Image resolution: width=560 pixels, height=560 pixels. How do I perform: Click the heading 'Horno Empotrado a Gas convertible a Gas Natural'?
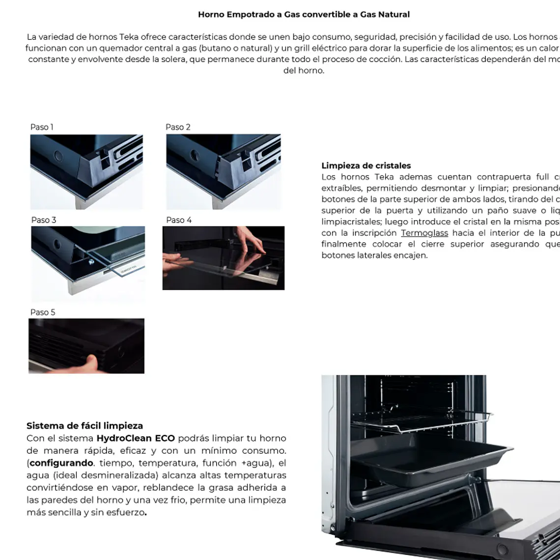(x=304, y=14)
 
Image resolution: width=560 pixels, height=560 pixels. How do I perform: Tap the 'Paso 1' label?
(x=42, y=127)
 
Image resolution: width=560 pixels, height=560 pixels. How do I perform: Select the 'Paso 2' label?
(x=178, y=127)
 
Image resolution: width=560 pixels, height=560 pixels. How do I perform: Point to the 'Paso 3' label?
(x=44, y=220)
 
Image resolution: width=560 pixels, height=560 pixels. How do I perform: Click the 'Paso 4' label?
(x=179, y=220)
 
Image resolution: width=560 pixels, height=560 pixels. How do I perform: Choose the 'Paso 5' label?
(x=43, y=312)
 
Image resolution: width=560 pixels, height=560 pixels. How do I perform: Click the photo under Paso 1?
(x=86, y=172)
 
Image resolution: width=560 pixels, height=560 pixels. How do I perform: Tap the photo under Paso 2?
(x=223, y=172)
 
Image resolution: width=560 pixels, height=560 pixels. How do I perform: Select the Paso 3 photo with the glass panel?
(x=88, y=263)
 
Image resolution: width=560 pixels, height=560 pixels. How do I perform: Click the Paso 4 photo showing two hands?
(x=223, y=258)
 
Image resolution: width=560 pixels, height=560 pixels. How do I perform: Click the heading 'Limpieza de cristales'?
(x=366, y=166)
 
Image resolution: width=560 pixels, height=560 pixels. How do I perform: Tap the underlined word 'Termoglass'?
(x=424, y=233)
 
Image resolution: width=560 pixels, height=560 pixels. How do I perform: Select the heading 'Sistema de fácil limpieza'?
(x=84, y=426)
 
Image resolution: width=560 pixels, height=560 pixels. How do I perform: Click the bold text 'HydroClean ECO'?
(x=136, y=438)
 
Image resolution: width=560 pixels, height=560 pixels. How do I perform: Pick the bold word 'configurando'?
(x=61, y=463)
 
